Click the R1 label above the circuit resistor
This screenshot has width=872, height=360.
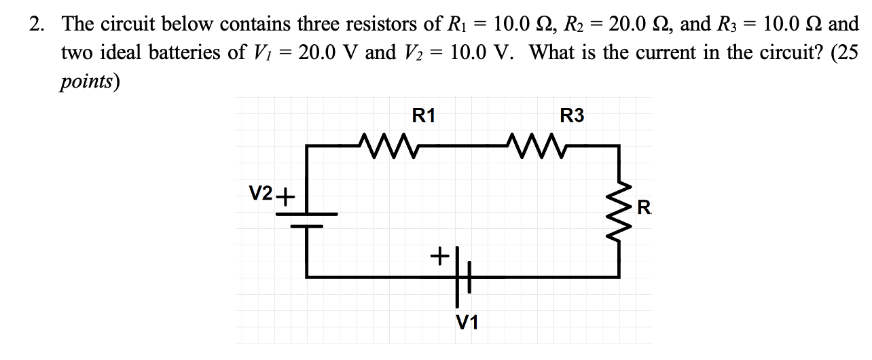click(x=424, y=115)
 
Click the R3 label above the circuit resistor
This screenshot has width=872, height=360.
click(x=571, y=115)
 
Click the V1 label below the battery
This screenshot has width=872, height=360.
click(x=467, y=322)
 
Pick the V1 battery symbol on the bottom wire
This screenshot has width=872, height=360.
click(x=462, y=277)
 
